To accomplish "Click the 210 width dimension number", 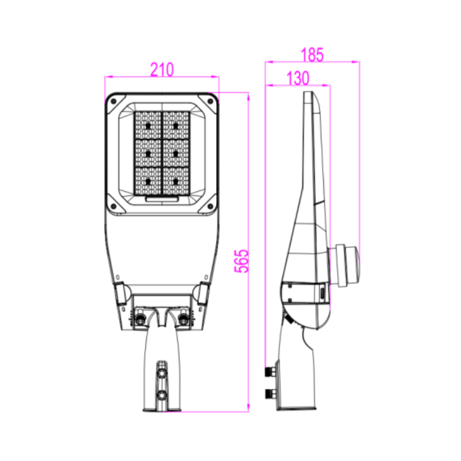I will (162, 70).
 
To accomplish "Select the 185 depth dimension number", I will (312, 55).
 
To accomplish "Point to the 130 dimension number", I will (297, 79).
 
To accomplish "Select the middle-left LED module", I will (148, 153).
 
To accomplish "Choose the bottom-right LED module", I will (176, 180).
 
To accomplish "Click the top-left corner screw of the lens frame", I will (114, 101).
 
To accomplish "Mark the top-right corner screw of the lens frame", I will (210, 101).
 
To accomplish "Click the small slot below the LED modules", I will (162, 199).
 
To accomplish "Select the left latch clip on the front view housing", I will (122, 292).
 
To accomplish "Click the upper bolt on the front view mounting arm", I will (162, 373).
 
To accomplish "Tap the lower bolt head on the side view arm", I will (267, 394).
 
